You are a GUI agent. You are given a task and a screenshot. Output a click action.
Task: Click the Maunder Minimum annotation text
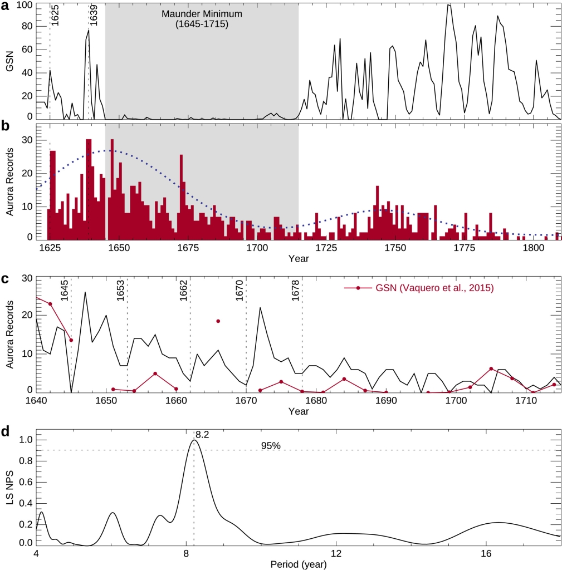pos(201,19)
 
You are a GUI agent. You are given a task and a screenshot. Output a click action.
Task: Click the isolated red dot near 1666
pos(218,321)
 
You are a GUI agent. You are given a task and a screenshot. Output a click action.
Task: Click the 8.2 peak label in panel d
pos(202,435)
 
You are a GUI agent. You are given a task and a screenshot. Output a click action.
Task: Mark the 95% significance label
pos(271,445)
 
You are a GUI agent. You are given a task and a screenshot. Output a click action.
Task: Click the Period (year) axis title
pos(299,563)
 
